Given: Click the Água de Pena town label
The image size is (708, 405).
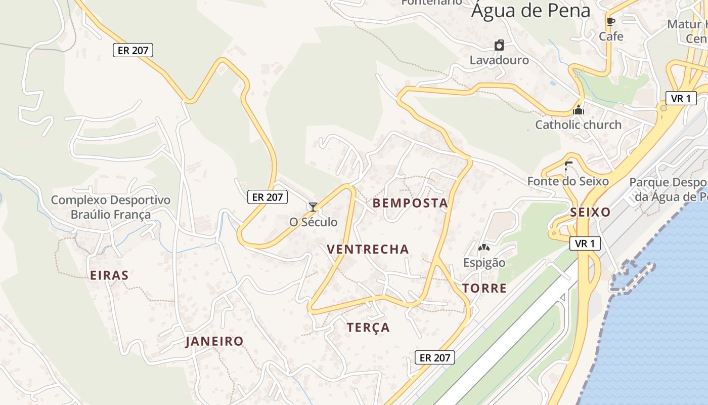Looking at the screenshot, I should [x=530, y=10].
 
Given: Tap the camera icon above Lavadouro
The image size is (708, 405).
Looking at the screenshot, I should [x=499, y=45].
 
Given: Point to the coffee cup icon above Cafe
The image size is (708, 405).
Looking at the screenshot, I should [x=611, y=21].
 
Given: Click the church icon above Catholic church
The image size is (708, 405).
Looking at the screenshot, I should [x=579, y=109].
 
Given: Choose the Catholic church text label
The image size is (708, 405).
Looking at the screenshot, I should [x=578, y=125].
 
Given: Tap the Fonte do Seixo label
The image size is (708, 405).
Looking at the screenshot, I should [x=567, y=181].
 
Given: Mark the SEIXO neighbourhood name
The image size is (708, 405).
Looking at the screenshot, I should [x=590, y=212].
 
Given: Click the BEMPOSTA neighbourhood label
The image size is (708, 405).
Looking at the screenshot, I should [x=410, y=204].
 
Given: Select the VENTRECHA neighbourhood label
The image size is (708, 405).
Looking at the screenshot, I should [x=368, y=249].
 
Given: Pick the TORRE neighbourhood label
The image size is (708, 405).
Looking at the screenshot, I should [x=484, y=289].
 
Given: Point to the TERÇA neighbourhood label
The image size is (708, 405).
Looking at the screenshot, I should [x=368, y=328].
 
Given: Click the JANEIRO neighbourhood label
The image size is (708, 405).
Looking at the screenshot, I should [x=214, y=341].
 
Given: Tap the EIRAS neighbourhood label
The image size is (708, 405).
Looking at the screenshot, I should [x=109, y=275].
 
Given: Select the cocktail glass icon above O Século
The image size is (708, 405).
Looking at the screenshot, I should [x=313, y=207].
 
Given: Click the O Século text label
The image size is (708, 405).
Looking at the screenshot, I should [x=313, y=222].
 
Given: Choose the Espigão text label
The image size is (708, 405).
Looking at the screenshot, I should [x=484, y=263].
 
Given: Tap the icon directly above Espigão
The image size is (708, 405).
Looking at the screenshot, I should [x=484, y=248].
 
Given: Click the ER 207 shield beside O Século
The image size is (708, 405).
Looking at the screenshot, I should [x=268, y=197].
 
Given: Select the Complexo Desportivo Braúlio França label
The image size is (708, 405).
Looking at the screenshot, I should [x=111, y=207].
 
